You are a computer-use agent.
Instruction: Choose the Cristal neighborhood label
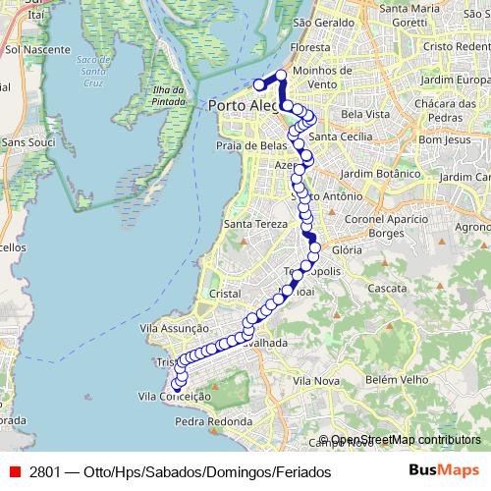[226, 294]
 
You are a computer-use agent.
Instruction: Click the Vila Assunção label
[177, 328]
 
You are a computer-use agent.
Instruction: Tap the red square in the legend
[15, 472]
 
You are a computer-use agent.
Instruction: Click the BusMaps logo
[443, 471]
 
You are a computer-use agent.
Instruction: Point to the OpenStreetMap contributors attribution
[406, 439]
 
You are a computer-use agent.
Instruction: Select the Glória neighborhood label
[349, 250]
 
